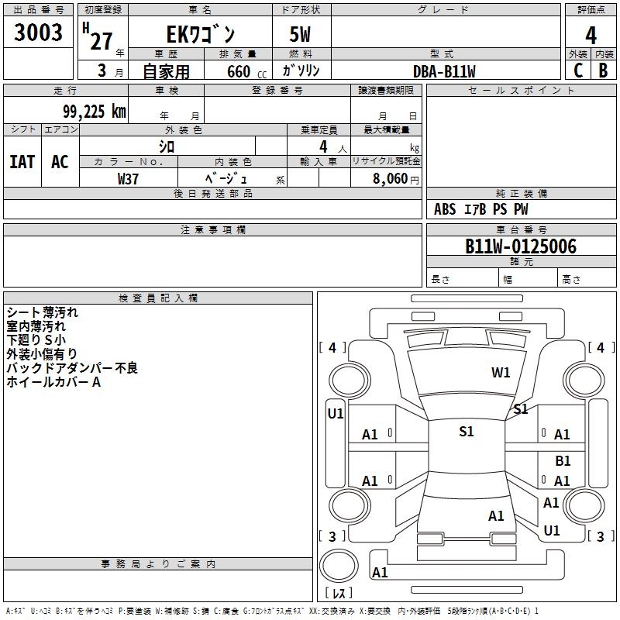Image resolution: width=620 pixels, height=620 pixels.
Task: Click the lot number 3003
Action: click(39, 33)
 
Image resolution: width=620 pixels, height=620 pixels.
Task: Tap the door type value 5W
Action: click(301, 36)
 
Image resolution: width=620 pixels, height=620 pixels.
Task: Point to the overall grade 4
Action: click(591, 35)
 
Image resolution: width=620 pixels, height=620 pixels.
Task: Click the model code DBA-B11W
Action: click(444, 71)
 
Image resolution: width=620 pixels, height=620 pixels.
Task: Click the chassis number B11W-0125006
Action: click(520, 246)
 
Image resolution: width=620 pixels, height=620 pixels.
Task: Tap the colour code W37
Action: click(128, 178)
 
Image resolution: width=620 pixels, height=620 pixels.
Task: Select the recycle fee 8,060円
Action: click(395, 178)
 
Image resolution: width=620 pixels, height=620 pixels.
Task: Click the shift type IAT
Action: click(22, 161)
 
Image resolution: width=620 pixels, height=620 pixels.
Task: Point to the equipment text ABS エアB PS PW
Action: click(481, 209)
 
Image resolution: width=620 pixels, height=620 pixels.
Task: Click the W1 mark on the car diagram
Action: click(501, 373)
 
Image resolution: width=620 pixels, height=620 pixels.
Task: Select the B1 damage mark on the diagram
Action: click(563, 461)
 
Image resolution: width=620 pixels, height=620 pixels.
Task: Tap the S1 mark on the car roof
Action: click(466, 432)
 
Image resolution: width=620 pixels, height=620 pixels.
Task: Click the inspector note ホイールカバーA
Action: click(54, 382)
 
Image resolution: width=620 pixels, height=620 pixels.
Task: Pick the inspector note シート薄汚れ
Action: click(43, 312)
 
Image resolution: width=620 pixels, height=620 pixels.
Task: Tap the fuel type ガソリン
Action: click(301, 71)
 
